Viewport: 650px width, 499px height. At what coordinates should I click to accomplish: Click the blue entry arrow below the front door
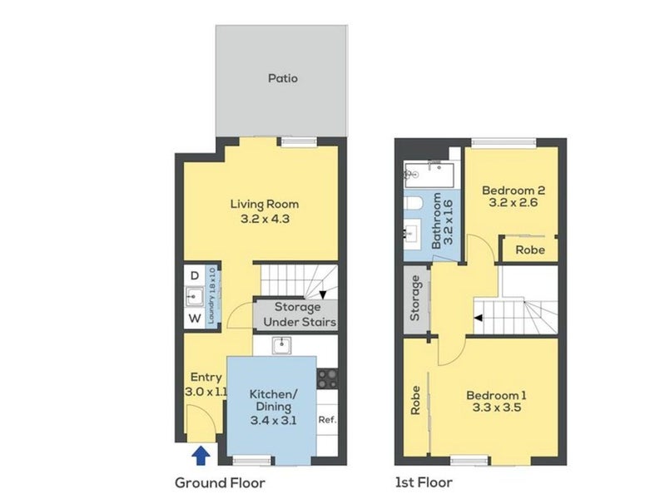201,456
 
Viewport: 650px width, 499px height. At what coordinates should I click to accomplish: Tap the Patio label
283,78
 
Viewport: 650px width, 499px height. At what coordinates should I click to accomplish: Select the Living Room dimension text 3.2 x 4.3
265,219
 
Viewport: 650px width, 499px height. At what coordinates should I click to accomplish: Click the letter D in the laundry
195,275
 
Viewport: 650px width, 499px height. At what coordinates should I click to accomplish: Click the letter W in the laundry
195,319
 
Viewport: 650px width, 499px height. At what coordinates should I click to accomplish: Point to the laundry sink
194,297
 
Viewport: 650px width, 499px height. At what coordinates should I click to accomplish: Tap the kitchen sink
281,345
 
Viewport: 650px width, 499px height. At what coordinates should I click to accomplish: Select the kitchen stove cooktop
327,378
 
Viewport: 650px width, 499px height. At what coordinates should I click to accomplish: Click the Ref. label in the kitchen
327,420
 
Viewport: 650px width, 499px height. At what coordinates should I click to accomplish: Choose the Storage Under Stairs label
299,314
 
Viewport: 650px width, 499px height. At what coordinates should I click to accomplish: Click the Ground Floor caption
220,483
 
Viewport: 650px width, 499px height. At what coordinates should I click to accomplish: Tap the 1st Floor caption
424,482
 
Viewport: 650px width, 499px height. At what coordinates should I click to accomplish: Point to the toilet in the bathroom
413,203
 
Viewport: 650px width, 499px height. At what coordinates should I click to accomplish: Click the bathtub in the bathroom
429,175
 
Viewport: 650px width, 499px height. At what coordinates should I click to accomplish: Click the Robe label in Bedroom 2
530,250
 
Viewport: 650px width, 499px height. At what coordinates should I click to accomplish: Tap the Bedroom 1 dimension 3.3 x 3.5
497,408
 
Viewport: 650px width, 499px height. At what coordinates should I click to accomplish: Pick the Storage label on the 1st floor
415,299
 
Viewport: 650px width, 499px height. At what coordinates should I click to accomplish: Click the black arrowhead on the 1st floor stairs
478,318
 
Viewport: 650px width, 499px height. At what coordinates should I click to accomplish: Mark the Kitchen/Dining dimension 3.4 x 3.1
273,421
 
